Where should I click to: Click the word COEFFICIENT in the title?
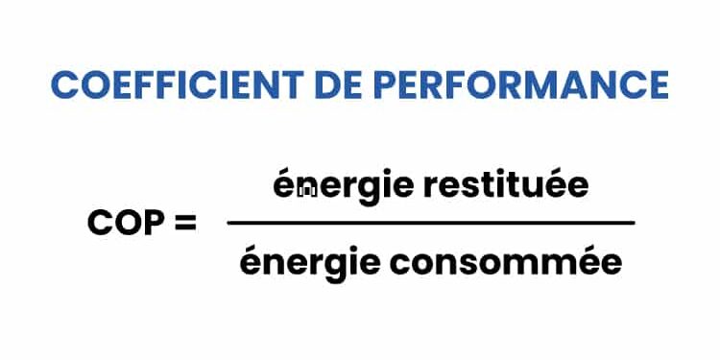pos(179,84)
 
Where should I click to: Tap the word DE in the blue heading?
pos(342,84)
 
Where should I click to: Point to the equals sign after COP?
pos(183,224)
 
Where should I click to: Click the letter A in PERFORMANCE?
pos(588,84)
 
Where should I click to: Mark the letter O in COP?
pos(126,224)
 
